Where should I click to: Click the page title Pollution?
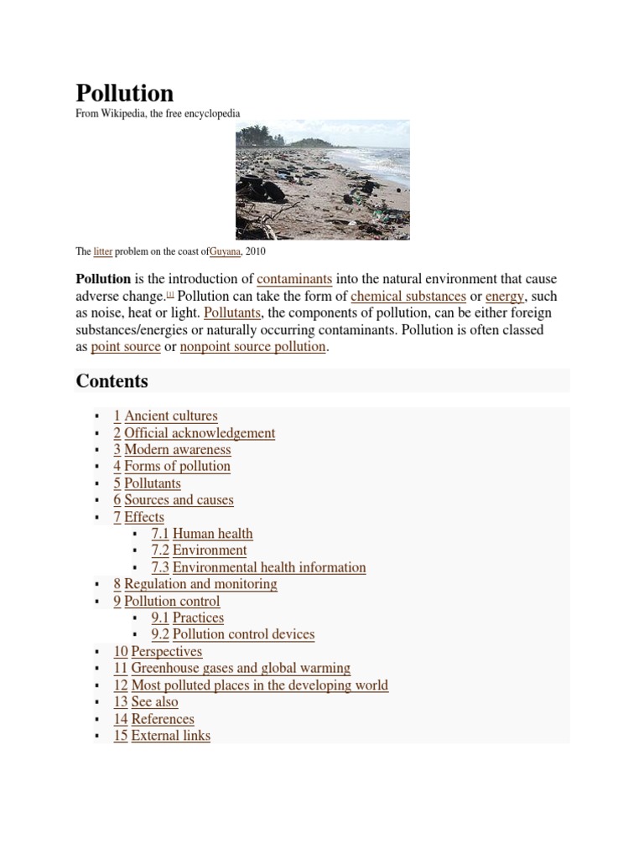pyautogui.click(x=125, y=92)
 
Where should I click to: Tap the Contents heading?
pyautogui.click(x=112, y=381)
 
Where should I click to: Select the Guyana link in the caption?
pyautogui.click(x=226, y=251)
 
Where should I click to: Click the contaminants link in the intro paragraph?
pyautogui.click(x=294, y=279)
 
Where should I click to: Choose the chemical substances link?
pyautogui.click(x=408, y=296)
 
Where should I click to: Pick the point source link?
pyautogui.click(x=126, y=346)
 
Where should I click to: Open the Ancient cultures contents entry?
pyautogui.click(x=170, y=416)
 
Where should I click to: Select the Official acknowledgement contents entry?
pyautogui.click(x=200, y=433)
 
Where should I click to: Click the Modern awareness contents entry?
pyautogui.click(x=177, y=450)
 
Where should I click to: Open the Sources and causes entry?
pyautogui.click(x=179, y=500)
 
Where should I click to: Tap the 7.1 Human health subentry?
pyautogui.click(x=211, y=534)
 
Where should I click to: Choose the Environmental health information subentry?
pyautogui.click(x=268, y=567)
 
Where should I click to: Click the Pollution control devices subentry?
pyautogui.click(x=243, y=634)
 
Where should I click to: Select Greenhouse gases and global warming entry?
pyautogui.click(x=241, y=668)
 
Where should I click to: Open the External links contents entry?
pyautogui.click(x=170, y=736)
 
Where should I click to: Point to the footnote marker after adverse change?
pyautogui.click(x=171, y=294)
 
